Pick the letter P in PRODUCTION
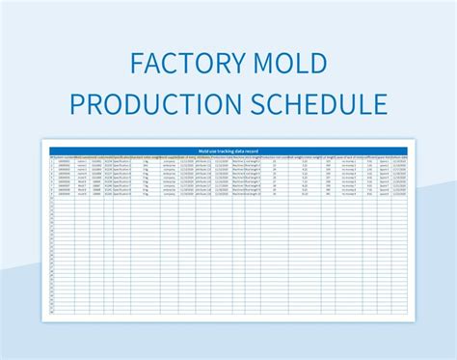pos(77,102)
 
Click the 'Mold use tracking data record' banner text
pos(228,151)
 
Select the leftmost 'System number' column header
pos(64,157)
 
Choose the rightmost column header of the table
pos(398,157)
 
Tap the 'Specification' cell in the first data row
pos(122,162)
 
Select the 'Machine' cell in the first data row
pos(239,162)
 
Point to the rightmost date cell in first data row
pos(398,162)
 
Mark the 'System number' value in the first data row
pos(64,162)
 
